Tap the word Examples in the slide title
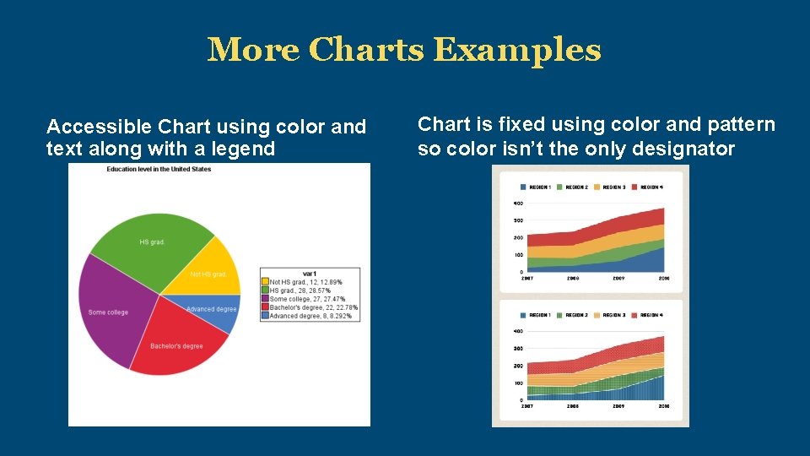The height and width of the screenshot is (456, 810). click(516, 51)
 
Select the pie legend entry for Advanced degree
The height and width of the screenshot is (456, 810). click(309, 316)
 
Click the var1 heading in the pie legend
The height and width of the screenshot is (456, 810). click(310, 274)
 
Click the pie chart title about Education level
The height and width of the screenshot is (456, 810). click(159, 169)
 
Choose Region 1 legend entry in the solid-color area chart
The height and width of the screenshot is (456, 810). click(537, 187)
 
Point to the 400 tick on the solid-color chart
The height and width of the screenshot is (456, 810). click(518, 204)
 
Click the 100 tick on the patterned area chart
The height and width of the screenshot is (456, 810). click(518, 383)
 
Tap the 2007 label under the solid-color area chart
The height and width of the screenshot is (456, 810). click(526, 278)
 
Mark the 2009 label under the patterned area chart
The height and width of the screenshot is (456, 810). click(618, 406)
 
